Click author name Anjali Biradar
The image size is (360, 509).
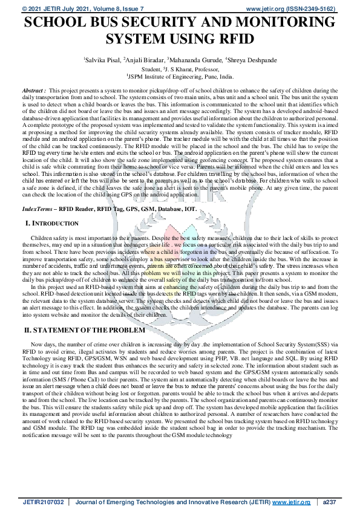pyautogui.click(x=143, y=61)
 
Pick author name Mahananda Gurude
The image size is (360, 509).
pyautogui.click(x=192, y=61)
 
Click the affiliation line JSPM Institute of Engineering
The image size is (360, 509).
pyautogui.click(x=180, y=77)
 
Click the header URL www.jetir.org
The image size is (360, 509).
pyautogui.click(x=268, y=8)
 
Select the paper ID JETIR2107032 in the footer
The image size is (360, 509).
pyautogui.click(x=43, y=502)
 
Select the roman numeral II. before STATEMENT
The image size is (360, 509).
pyautogui.click(x=27, y=331)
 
